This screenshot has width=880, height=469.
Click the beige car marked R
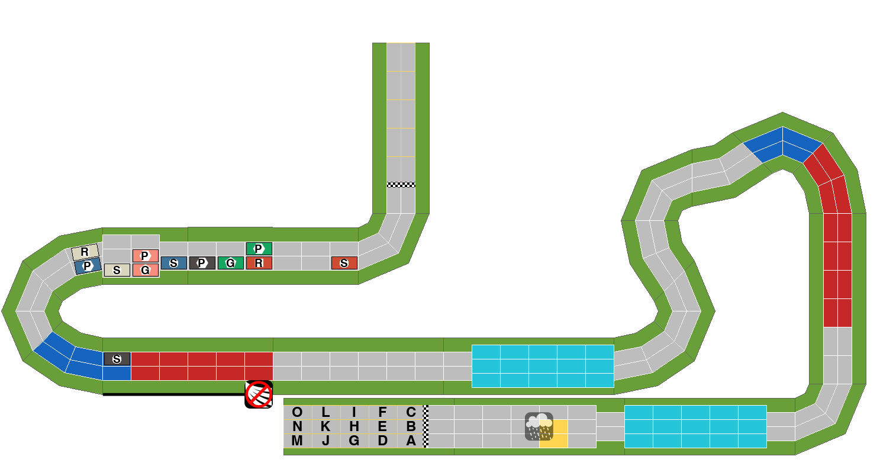click(85, 252)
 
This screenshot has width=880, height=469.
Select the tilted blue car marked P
click(88, 266)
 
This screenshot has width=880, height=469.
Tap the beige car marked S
click(117, 270)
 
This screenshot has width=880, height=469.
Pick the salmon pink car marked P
click(146, 256)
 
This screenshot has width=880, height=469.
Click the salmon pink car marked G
click(146, 270)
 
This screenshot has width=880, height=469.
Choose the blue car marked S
click(173, 263)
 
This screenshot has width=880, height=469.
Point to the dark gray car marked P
click(202, 263)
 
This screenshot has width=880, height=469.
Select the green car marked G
click(231, 263)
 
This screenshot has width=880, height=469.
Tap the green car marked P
click(259, 249)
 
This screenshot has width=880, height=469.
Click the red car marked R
click(259, 263)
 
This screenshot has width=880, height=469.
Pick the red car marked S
click(344, 263)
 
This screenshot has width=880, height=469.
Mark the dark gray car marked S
click(117, 359)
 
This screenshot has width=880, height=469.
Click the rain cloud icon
click(539, 426)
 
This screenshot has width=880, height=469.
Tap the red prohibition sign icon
click(259, 394)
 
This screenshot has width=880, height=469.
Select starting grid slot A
click(411, 441)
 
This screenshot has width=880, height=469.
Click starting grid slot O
click(298, 412)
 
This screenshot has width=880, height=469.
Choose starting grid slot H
click(354, 426)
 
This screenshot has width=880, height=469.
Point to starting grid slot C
click(411, 412)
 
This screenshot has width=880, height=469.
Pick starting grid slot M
click(298, 441)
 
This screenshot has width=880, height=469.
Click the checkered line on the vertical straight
click(401, 185)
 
